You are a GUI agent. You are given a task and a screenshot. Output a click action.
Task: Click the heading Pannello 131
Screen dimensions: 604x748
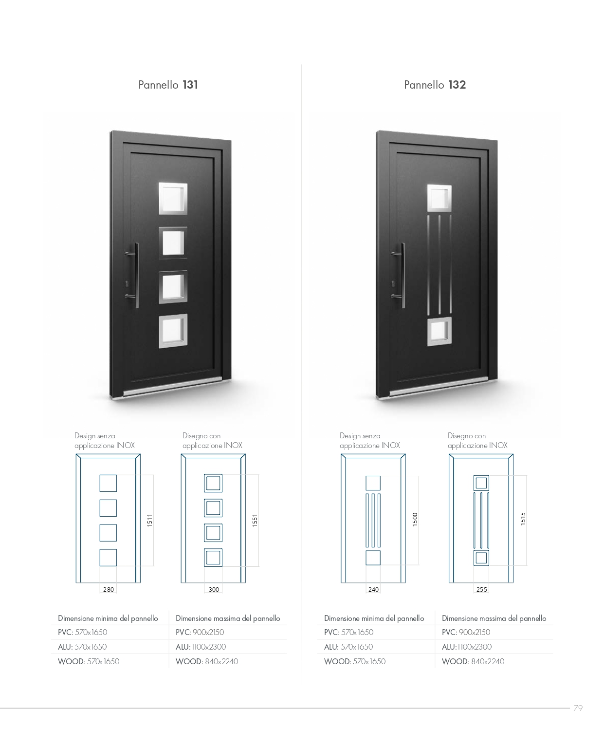168,85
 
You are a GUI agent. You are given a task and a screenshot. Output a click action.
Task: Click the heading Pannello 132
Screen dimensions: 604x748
435,85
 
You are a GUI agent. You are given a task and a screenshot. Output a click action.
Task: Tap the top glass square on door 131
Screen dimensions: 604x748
173,198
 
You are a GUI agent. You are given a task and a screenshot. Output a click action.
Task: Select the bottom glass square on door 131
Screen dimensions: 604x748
173,331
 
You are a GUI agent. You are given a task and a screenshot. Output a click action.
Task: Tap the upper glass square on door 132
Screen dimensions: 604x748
439,198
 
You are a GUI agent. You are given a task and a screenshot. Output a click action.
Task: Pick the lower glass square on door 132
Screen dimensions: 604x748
439,331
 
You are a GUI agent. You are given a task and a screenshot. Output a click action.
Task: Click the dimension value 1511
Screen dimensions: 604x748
149,520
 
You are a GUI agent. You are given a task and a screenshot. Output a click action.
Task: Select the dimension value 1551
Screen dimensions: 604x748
255,520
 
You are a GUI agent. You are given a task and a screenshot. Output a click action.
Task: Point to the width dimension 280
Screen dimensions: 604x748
109,589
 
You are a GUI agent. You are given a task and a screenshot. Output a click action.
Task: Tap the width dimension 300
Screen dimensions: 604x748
214,589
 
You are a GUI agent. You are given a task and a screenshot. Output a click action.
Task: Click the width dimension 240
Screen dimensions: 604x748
373,589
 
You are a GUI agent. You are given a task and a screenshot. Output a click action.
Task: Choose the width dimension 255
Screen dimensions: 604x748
481,589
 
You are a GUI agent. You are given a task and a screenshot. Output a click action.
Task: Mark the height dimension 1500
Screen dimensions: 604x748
415,519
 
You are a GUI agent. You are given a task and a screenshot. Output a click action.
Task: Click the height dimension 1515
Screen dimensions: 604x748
523,519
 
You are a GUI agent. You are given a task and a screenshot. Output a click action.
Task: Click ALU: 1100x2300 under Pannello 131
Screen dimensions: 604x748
201,647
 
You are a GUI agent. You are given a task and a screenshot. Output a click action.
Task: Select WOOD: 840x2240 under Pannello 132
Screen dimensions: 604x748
473,661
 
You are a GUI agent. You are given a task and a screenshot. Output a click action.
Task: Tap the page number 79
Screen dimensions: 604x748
578,708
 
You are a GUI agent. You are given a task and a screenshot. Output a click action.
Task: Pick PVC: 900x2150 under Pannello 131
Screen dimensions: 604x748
200,632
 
